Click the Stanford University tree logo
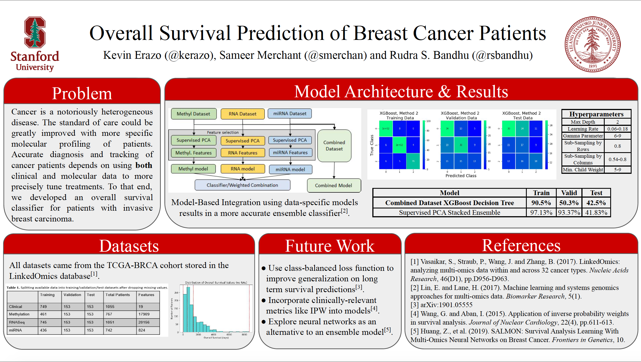[35, 32]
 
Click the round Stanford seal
[592, 44]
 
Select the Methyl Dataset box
[193, 114]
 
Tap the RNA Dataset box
[242, 114]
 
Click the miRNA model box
[290, 169]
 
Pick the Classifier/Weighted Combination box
[242, 185]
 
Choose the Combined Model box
[333, 185]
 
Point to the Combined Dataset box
[334, 146]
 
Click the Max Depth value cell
[617, 122]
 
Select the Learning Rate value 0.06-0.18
[617, 129]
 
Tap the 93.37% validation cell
[569, 213]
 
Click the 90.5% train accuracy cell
[541, 203]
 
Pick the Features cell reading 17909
[144, 314]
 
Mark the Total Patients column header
[118, 295]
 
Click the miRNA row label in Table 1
[16, 330]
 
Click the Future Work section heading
[330, 246]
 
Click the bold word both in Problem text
[144, 165]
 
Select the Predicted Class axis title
[461, 176]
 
